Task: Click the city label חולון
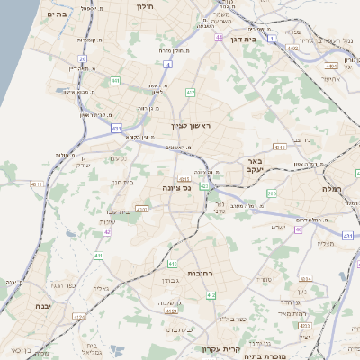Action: click(145, 6)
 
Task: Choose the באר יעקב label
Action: click(256, 168)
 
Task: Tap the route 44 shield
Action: click(219, 38)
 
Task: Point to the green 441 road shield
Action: click(115, 81)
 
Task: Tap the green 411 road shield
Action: click(98, 256)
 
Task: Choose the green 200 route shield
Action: click(271, 193)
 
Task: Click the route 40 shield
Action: click(299, 229)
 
